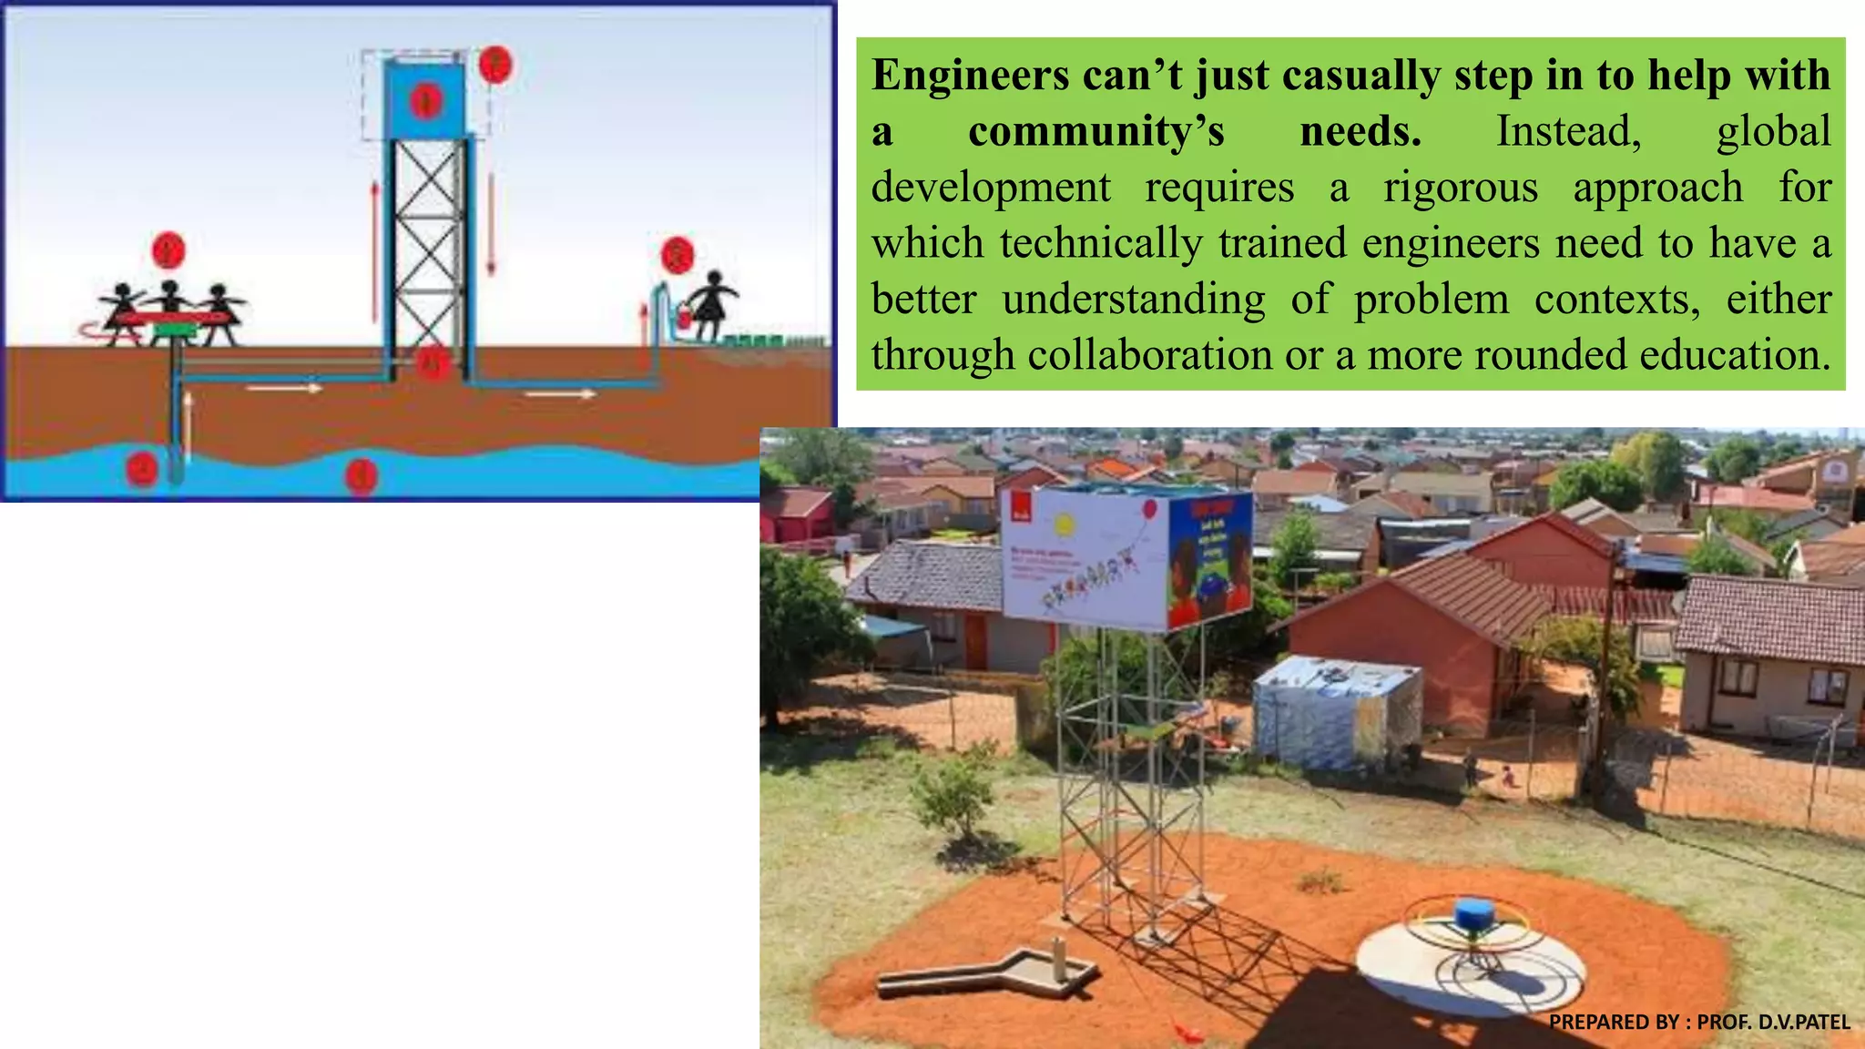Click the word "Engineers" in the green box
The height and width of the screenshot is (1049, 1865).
971,76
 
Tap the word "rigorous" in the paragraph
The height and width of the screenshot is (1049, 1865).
1461,188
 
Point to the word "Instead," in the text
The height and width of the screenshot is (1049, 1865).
1568,132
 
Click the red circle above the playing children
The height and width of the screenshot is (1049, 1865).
168,250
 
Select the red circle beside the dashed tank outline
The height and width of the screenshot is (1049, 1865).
494,64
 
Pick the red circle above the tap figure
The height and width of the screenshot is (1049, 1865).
678,255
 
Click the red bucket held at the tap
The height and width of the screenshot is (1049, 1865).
680,319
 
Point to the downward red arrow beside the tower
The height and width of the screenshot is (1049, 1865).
492,223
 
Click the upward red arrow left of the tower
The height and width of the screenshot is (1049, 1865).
374,250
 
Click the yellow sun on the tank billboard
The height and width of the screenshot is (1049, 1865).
1063,525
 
